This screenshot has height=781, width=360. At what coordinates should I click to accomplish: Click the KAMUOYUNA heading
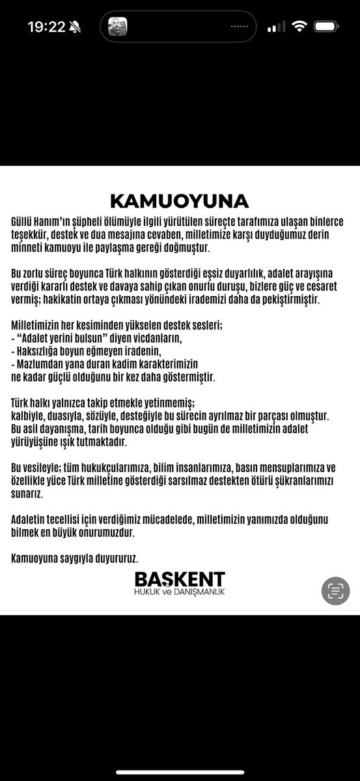[x=179, y=200]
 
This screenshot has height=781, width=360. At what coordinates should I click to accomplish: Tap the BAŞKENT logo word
[x=180, y=579]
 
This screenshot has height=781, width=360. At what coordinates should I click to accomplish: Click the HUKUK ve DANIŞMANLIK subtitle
[x=180, y=592]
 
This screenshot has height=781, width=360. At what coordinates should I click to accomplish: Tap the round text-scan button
[x=335, y=591]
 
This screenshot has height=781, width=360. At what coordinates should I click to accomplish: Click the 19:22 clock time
[x=46, y=27]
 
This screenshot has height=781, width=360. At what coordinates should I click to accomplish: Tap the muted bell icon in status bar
[x=75, y=27]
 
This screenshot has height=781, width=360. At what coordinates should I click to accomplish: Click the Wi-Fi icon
[x=299, y=27]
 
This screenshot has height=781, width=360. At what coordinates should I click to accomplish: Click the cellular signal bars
[x=277, y=27]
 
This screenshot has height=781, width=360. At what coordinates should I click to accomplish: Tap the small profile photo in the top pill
[x=117, y=27]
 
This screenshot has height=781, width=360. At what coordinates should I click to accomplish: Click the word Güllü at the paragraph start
[x=24, y=222]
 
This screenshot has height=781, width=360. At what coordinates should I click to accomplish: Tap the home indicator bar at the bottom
[x=180, y=773]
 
